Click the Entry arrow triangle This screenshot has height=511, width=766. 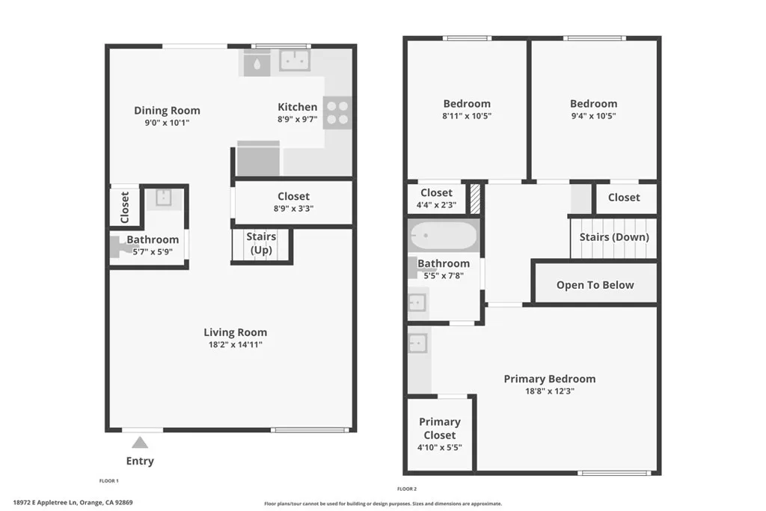tap(140, 442)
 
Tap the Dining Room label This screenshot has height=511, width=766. tap(167, 110)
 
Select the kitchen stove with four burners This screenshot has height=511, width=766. tap(337, 112)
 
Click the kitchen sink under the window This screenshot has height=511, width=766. tap(295, 61)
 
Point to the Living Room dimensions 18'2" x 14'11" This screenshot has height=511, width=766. tap(235, 345)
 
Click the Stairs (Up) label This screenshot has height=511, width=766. tap(261, 242)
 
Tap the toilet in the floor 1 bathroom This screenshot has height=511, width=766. tap(118, 246)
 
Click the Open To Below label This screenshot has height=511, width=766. tap(595, 285)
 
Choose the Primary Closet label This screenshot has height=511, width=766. tap(439, 428)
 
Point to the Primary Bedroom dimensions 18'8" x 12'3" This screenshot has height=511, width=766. tap(549, 391)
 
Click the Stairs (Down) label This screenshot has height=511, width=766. tap(614, 237)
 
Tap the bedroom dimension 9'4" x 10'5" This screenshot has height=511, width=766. tap(593, 116)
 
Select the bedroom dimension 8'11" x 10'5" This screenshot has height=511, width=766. tap(467, 116)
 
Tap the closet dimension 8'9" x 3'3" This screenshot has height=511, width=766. tap(293, 209)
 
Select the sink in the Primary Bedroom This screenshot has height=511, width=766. tap(418, 343)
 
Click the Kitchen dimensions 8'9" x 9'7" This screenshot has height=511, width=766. tap(297, 119)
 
